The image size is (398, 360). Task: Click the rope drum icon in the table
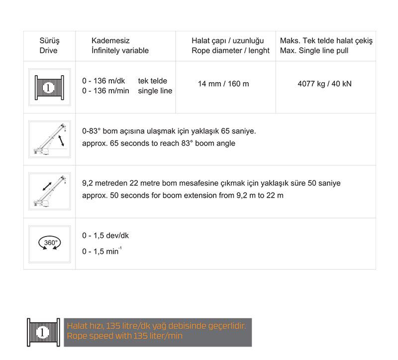click(49, 88)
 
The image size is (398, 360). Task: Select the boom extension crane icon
click(49, 191)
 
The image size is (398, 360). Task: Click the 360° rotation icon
click(49, 243)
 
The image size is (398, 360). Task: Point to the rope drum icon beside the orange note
click(43, 333)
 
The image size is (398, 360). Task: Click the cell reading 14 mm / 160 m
click(223, 84)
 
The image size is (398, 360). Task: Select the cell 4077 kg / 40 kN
click(324, 84)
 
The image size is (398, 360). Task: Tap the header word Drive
click(48, 50)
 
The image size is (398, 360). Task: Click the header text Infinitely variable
click(120, 50)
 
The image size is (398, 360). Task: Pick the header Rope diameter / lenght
click(230, 50)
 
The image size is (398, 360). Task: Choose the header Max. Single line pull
click(314, 50)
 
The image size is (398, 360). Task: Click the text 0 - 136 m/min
click(106, 91)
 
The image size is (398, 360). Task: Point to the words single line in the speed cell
click(155, 91)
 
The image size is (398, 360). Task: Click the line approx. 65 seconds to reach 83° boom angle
click(159, 143)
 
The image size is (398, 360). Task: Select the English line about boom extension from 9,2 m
click(183, 195)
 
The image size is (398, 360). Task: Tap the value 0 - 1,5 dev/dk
click(105, 236)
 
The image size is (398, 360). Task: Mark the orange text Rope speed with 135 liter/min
click(125, 336)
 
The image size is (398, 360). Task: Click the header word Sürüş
click(48, 40)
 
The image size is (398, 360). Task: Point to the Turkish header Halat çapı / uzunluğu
click(227, 40)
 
